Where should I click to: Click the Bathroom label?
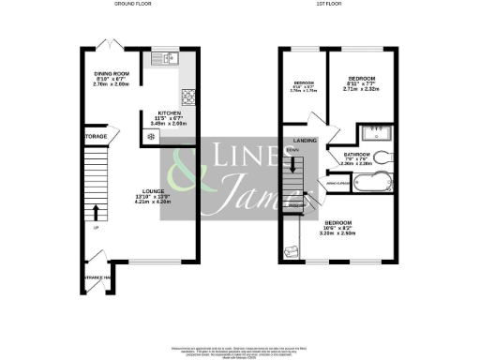click(355, 155)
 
